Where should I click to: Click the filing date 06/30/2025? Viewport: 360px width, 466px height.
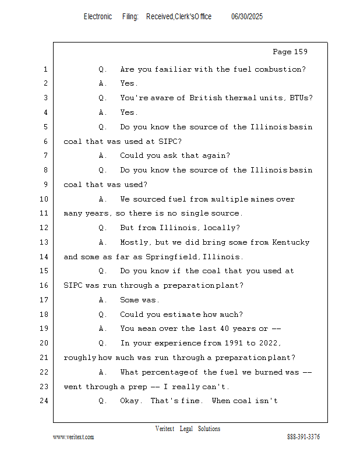click(x=247, y=17)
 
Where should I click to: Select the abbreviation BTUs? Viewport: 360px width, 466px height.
click(x=300, y=98)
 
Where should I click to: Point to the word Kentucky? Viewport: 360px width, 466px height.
click(x=291, y=242)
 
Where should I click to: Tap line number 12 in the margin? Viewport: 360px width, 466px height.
click(x=44, y=228)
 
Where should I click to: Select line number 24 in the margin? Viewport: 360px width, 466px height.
click(x=44, y=401)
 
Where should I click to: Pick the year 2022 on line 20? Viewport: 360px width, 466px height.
click(x=270, y=343)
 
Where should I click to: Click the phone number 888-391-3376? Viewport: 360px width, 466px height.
click(x=303, y=437)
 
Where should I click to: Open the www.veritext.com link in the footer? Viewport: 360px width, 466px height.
click(x=73, y=437)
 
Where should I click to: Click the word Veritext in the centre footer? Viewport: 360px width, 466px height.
click(x=165, y=429)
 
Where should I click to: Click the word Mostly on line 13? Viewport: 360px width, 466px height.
click(x=135, y=242)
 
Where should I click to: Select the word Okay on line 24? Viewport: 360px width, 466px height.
click(x=130, y=401)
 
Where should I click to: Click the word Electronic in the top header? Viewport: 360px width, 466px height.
click(x=98, y=17)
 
